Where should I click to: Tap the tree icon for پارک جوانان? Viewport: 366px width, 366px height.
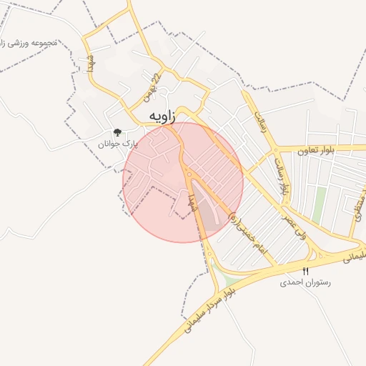(x=117, y=132)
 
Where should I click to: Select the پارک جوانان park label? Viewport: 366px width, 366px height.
(x=117, y=144)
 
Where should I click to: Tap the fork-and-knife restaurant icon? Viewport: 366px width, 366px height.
(x=306, y=271)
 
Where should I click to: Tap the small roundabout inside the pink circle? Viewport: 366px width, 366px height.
(x=189, y=174)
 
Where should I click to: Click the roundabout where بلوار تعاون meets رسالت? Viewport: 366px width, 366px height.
(x=275, y=149)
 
